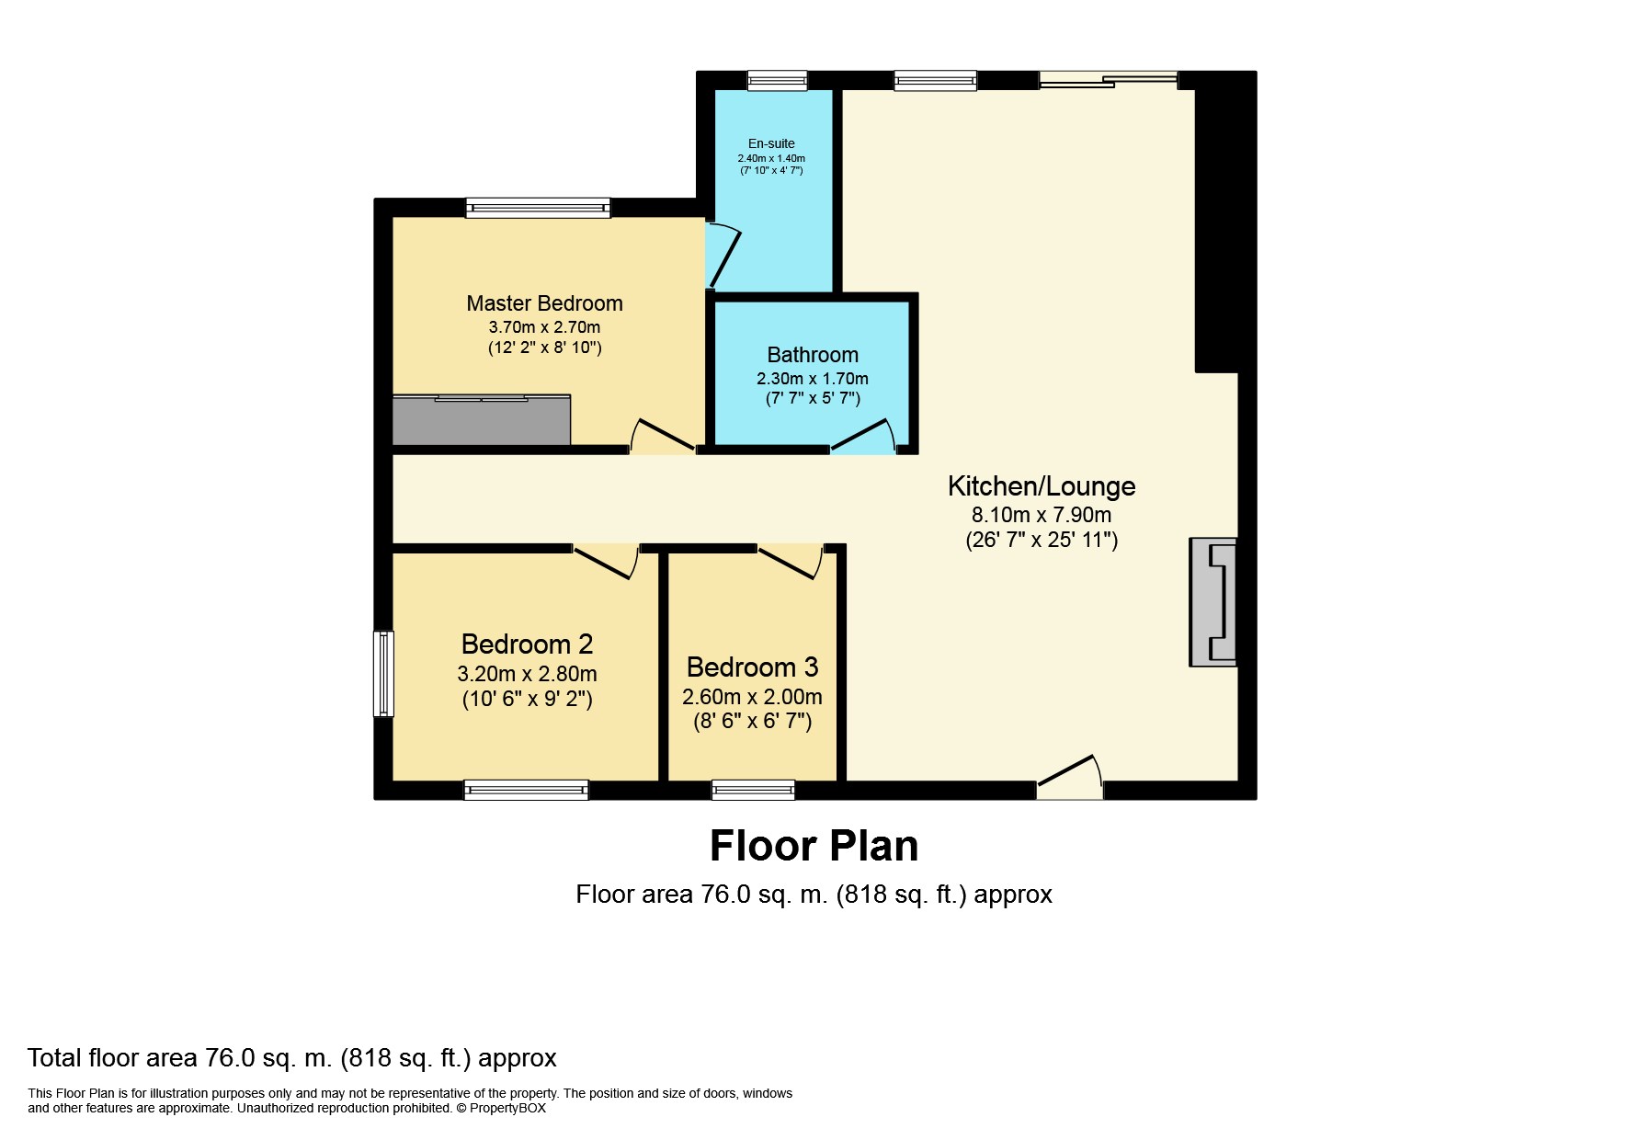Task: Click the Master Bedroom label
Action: pos(544,303)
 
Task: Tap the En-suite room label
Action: pos(771,143)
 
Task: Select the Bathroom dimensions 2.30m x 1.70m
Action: pos(812,379)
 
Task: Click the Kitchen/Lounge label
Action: pos(1041,485)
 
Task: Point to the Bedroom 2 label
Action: pos(527,644)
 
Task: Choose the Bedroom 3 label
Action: pos(752,667)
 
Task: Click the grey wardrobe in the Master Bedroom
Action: pos(482,420)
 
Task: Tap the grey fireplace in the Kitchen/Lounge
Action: pos(1213,601)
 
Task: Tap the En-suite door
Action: pos(722,256)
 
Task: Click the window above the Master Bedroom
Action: pos(538,208)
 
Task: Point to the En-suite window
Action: pos(777,81)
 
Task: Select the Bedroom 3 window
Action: pos(753,790)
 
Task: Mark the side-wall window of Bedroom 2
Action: pos(383,672)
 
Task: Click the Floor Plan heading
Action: pos(814,846)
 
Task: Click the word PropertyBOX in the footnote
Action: pos(507,1109)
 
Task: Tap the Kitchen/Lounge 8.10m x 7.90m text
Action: pos(1041,515)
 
